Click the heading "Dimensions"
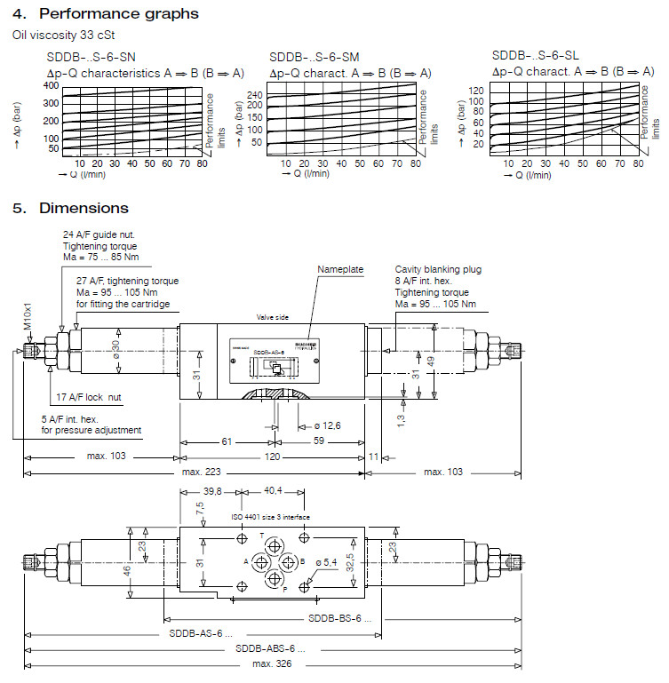[x=84, y=208]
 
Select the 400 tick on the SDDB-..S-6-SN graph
[x=50, y=85]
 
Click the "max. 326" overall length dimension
[x=273, y=663]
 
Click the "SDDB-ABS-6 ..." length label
[x=264, y=648]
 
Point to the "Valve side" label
[x=273, y=317]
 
